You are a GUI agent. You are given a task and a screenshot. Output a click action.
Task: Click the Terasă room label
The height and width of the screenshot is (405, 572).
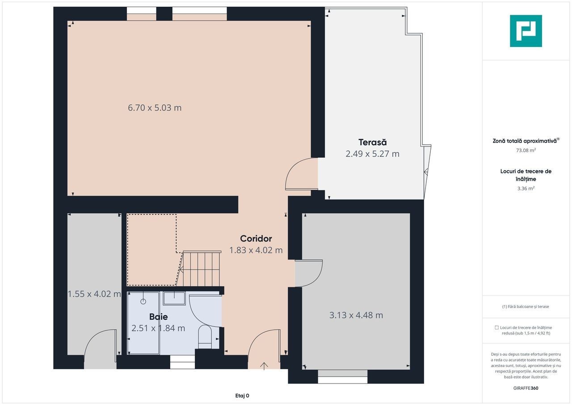click(372, 142)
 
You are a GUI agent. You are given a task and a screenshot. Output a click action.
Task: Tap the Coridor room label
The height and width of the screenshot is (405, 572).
click(256, 239)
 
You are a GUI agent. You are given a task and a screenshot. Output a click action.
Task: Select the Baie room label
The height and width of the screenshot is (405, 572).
click(158, 316)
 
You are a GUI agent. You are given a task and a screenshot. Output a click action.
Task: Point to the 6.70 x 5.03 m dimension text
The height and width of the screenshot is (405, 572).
click(155, 108)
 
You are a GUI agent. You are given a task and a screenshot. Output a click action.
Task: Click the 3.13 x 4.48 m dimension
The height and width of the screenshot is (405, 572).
click(356, 315)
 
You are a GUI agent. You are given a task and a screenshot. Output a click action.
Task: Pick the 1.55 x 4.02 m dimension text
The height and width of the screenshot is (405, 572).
click(94, 294)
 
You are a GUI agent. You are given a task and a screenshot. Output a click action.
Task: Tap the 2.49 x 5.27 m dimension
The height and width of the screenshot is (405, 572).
click(372, 154)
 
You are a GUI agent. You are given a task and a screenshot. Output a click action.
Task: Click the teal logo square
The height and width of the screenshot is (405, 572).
click(526, 31)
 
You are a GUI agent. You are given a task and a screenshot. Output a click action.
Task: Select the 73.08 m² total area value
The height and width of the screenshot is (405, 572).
click(526, 150)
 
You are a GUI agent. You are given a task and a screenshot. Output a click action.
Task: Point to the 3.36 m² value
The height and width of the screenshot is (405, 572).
click(526, 189)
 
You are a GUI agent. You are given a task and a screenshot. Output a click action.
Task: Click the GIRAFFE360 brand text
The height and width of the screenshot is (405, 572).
click(526, 388)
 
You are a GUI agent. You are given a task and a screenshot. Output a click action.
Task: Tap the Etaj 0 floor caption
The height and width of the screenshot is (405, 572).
click(242, 396)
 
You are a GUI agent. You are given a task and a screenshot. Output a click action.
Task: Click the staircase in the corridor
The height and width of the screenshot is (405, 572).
click(202, 269)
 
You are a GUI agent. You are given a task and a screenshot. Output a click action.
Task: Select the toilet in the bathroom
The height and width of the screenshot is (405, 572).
click(205, 337)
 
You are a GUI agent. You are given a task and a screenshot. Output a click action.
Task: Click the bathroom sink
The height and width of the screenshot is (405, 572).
click(174, 298)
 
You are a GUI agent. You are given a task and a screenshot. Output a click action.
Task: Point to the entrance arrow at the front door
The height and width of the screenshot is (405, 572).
click(264, 366)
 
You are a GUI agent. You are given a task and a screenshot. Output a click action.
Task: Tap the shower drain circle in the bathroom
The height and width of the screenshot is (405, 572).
click(143, 302)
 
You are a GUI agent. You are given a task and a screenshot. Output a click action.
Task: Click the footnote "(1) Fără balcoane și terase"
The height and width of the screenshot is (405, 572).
click(526, 306)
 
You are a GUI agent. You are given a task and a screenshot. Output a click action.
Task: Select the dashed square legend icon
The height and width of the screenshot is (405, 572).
click(496, 327)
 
